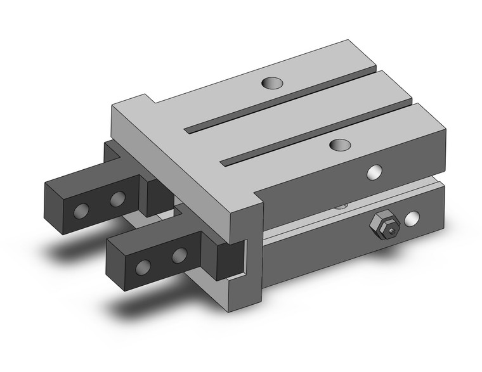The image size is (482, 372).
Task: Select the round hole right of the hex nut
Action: pos(412,218)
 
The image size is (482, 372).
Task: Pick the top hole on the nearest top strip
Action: pos(341,144)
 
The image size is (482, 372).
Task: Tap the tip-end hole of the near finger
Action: pos(145,266)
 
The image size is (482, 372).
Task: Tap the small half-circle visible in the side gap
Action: pos(342,205)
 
